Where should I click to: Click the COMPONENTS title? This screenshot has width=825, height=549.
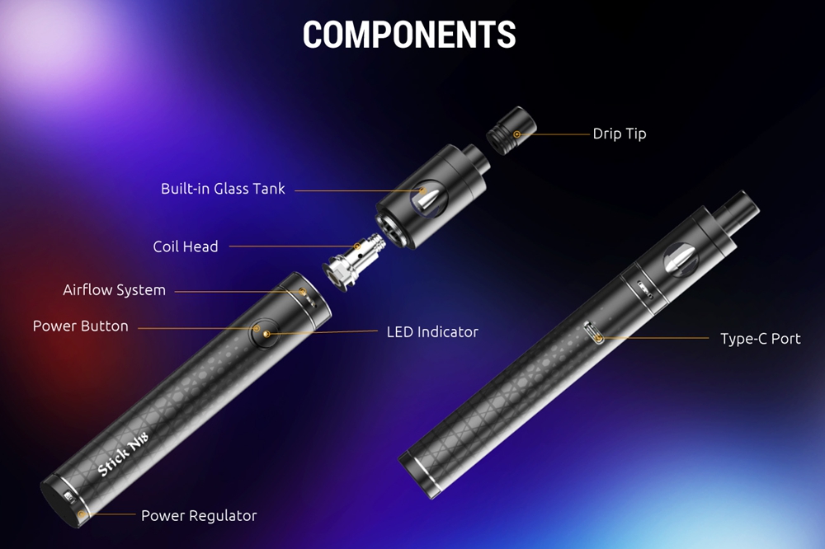tap(409, 35)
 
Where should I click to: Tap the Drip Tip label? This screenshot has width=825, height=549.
tap(620, 134)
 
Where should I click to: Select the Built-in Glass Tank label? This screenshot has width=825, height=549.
tap(223, 188)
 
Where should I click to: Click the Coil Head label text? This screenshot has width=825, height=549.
tap(186, 246)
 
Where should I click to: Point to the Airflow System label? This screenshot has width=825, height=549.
tap(114, 290)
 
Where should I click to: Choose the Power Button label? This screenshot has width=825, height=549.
tap(81, 326)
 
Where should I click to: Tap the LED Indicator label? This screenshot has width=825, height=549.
tap(432, 332)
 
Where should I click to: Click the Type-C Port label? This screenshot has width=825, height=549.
tap(761, 339)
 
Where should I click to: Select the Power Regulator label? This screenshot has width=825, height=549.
tap(199, 515)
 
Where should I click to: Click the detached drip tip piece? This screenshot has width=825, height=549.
tap(511, 130)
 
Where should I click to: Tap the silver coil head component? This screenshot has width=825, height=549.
tap(351, 261)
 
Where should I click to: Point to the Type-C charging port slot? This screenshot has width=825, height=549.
tap(594, 333)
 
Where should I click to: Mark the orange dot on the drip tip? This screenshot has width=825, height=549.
tap(516, 134)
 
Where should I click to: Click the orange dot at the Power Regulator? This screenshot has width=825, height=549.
tap(82, 514)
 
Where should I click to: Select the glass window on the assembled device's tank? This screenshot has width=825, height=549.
tap(681, 259)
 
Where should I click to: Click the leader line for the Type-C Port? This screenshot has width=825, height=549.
tap(654, 338)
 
